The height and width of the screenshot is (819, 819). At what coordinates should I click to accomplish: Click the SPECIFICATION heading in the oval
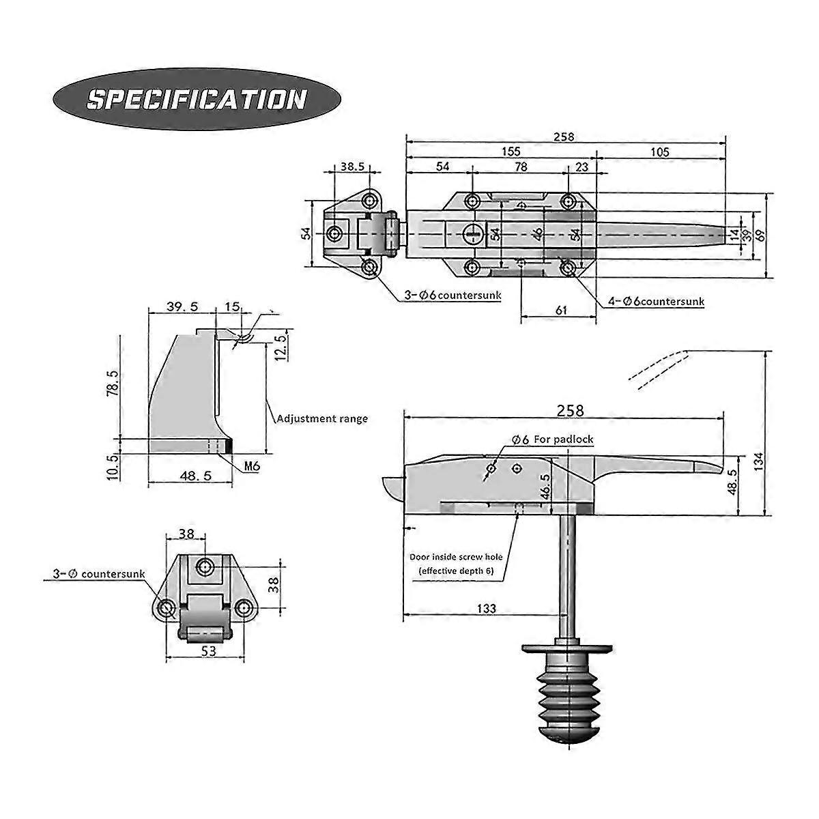(x=196, y=99)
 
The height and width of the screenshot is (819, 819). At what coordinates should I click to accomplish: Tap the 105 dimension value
(x=659, y=152)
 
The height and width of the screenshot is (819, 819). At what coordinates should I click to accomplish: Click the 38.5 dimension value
(x=352, y=166)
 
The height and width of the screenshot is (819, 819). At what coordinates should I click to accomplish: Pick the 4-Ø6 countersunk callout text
(x=655, y=301)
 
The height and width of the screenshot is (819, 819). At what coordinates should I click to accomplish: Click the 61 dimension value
(x=561, y=311)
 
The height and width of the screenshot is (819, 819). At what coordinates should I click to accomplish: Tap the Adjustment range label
(x=321, y=418)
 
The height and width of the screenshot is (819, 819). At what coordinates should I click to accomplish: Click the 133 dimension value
(x=486, y=607)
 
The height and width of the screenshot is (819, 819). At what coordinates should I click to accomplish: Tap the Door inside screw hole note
(x=456, y=564)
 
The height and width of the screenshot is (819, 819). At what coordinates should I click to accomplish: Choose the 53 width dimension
(x=209, y=651)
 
